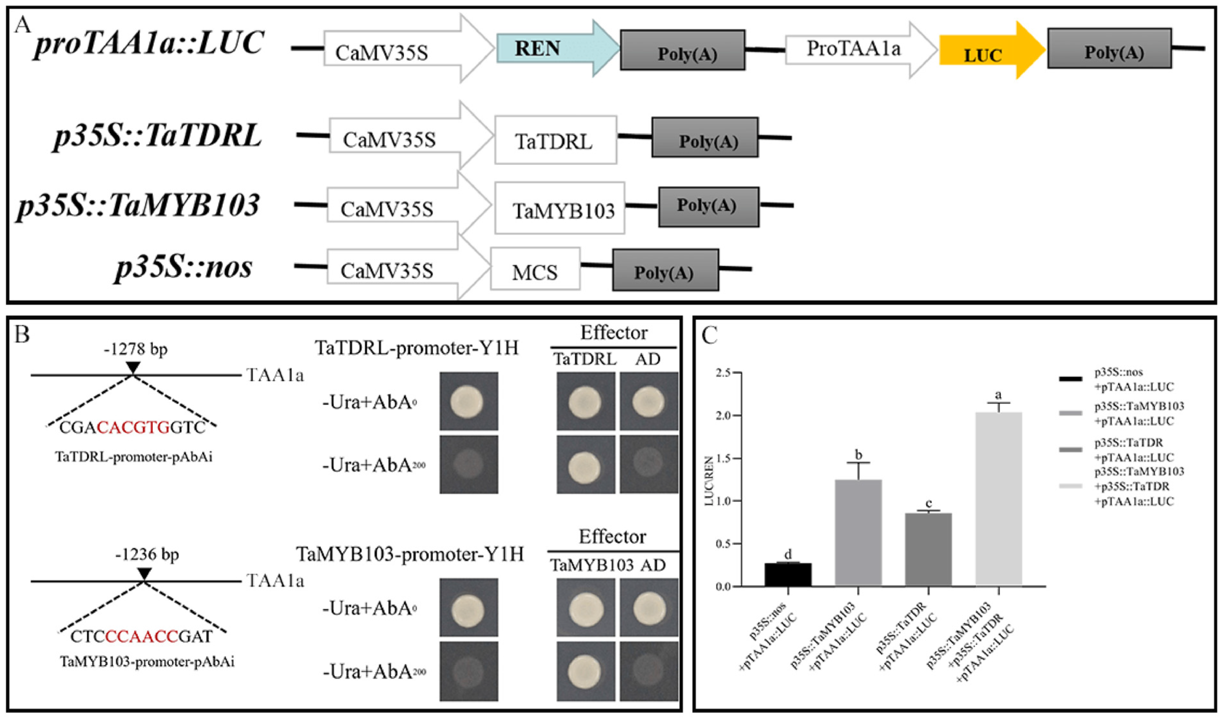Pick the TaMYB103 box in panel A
559,208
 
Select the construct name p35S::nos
184,267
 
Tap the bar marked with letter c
928,549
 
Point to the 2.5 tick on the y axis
725,373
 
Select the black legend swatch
1070,379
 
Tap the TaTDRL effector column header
585,359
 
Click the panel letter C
710,335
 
